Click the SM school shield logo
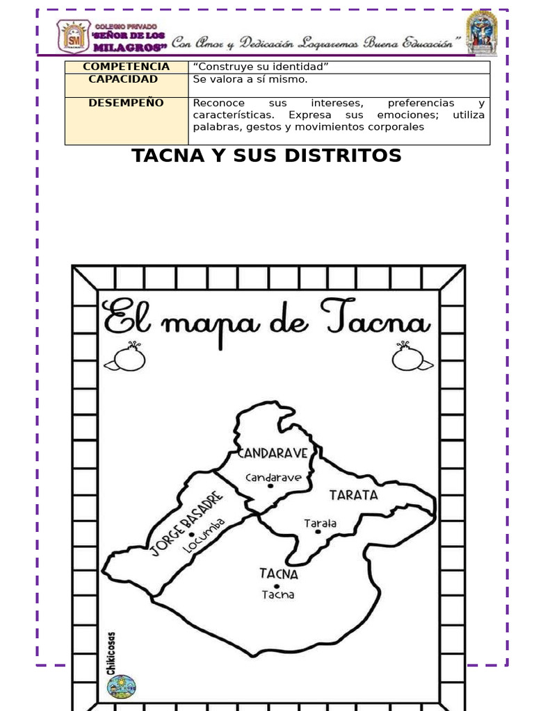tap(73, 36)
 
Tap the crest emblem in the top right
tap(481, 33)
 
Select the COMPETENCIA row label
tap(126, 67)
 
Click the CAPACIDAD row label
tap(123, 79)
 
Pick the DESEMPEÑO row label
tap(126, 103)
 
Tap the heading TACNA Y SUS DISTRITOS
tap(267, 156)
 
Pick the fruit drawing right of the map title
tap(411, 359)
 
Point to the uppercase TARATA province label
tap(353, 495)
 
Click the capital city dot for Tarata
tap(318, 531)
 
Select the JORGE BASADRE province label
tap(186, 524)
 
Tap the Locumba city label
tap(204, 535)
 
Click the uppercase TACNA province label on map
tap(279, 574)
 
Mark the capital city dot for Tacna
tap(277, 586)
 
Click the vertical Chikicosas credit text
tap(112, 653)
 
